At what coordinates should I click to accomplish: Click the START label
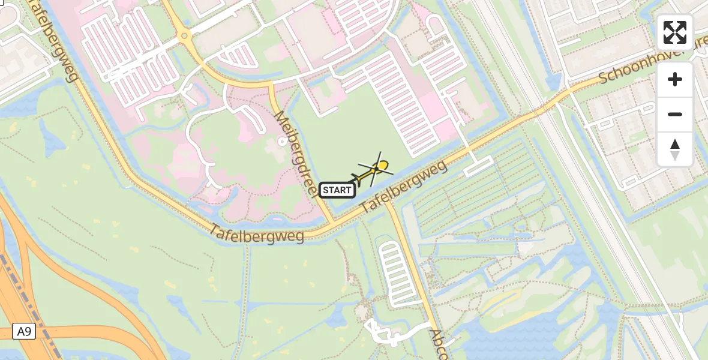coord(337,190)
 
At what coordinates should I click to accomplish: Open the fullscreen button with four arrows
coord(675,32)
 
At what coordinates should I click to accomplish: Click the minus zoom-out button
coord(675,114)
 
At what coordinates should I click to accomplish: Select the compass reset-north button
coord(675,149)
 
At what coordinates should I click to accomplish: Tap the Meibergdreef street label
coord(295,154)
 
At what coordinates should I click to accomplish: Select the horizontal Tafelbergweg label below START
coord(257,233)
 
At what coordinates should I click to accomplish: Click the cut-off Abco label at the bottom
coord(438,343)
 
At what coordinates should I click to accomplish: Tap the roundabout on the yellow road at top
coord(184,37)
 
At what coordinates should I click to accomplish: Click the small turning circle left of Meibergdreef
coord(282,142)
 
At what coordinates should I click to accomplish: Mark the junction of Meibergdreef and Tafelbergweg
coord(332,225)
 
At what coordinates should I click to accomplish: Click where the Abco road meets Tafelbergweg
coord(387,202)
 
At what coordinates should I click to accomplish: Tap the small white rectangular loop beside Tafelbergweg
coord(478,165)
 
